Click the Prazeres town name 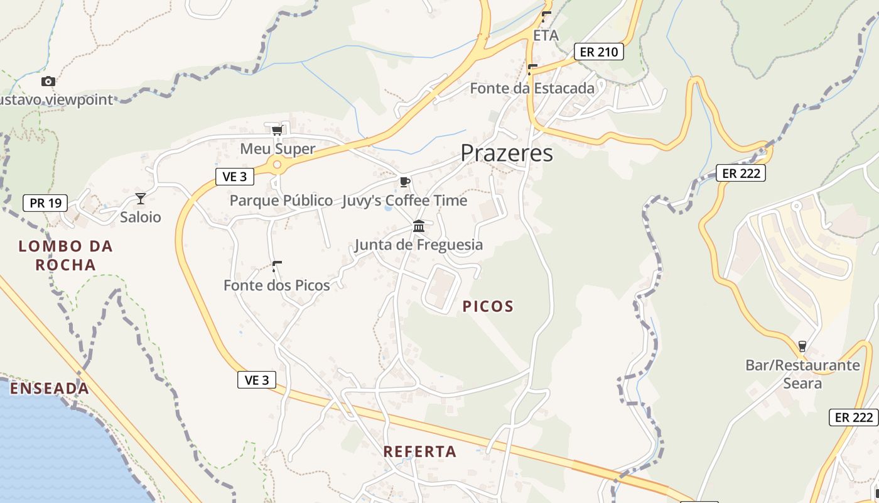507,153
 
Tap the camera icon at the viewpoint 48,81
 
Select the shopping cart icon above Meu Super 277,130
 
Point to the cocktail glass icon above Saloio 141,199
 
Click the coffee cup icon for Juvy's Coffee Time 405,182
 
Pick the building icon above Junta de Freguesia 419,226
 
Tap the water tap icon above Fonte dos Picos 276,266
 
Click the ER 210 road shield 599,52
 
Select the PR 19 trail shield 45,203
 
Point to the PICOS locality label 488,306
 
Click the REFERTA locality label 420,451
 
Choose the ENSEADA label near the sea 49,389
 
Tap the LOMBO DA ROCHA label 66,255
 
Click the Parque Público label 281,201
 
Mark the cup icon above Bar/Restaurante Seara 802,346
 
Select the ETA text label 546,36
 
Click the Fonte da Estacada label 532,88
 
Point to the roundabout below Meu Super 276,165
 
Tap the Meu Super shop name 278,149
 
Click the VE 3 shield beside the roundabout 235,177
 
